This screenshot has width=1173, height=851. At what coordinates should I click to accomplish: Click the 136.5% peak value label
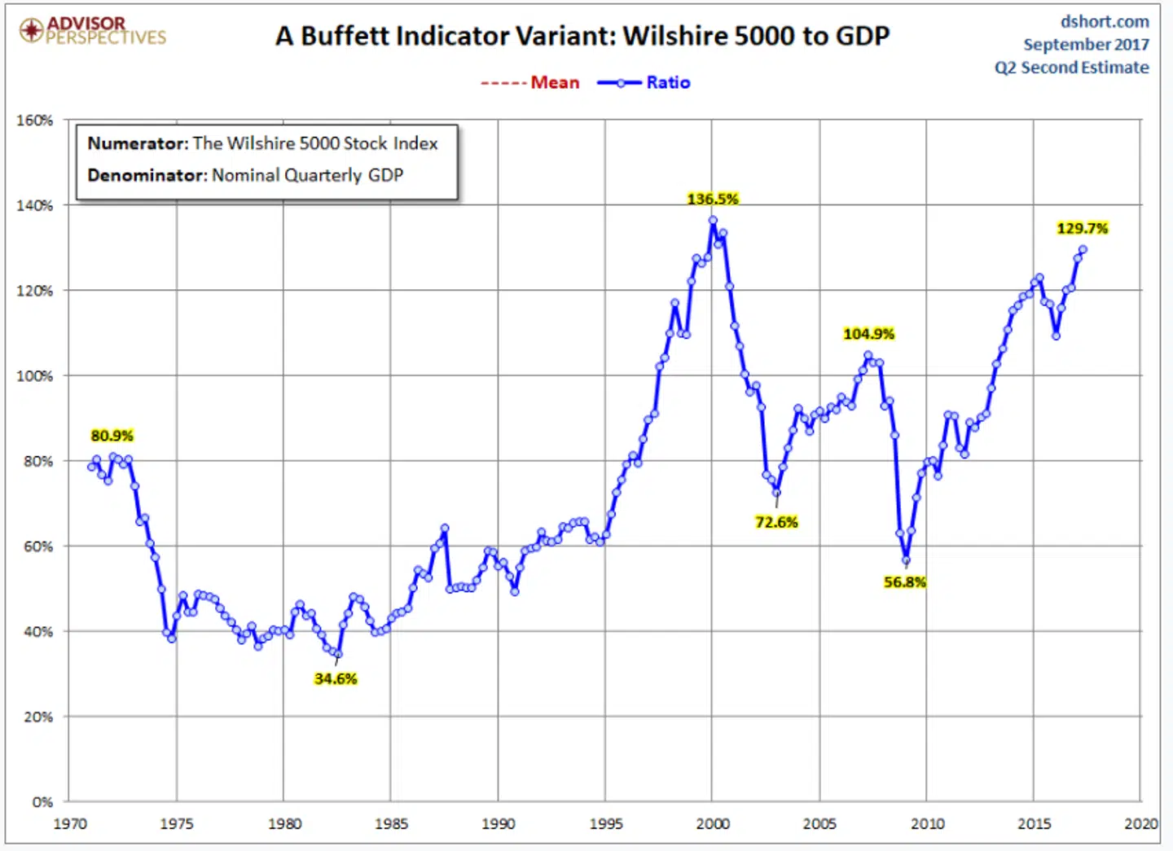[x=712, y=199]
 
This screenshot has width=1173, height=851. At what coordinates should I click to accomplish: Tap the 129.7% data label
[x=1082, y=228]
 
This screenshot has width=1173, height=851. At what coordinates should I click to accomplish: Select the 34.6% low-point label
[x=335, y=678]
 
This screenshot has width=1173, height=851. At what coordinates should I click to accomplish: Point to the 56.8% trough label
[x=904, y=581]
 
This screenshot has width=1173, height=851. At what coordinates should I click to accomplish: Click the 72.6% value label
[x=775, y=522]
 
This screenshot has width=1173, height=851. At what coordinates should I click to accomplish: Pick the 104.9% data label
[x=868, y=334]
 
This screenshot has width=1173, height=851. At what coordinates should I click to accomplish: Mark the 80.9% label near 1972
[x=112, y=436]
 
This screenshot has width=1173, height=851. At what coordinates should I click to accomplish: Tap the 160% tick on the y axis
[x=34, y=121]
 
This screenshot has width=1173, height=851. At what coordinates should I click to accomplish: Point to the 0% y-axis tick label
[x=42, y=802]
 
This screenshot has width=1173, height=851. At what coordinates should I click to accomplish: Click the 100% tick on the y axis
[x=34, y=376]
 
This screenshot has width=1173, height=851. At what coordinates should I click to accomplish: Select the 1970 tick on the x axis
[x=70, y=824]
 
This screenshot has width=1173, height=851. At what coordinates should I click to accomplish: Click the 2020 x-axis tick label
[x=1140, y=824]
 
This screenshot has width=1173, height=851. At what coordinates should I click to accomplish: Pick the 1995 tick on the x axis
[x=605, y=824]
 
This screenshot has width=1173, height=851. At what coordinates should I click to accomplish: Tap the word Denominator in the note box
[x=147, y=175]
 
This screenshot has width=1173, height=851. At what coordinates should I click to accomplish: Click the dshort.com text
[x=1104, y=21]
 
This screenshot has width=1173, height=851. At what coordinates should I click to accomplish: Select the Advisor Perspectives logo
[x=93, y=30]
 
